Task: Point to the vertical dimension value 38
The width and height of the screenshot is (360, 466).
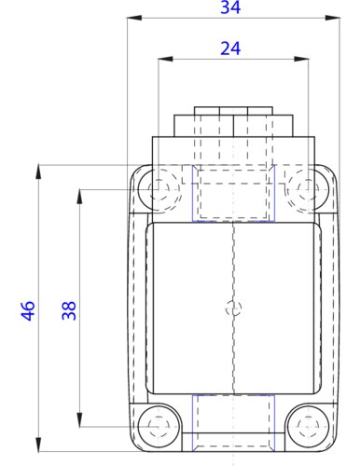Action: click(69, 310)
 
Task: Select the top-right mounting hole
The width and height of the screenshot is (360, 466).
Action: click(304, 189)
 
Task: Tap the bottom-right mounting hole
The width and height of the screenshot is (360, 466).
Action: click(304, 425)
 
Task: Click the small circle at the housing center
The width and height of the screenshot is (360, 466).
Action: click(232, 308)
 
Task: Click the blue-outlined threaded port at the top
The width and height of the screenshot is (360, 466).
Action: click(232, 194)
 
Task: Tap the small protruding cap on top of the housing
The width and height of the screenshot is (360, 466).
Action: click(232, 122)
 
